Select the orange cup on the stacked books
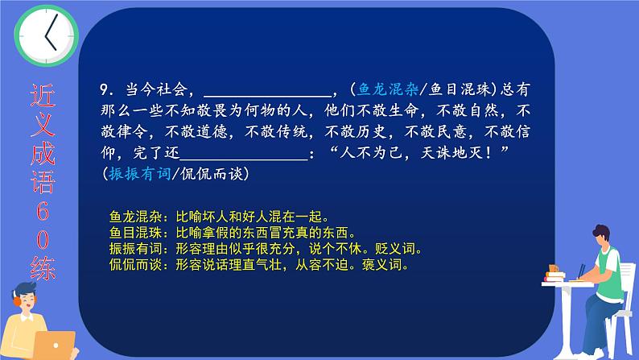tap(554, 269)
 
